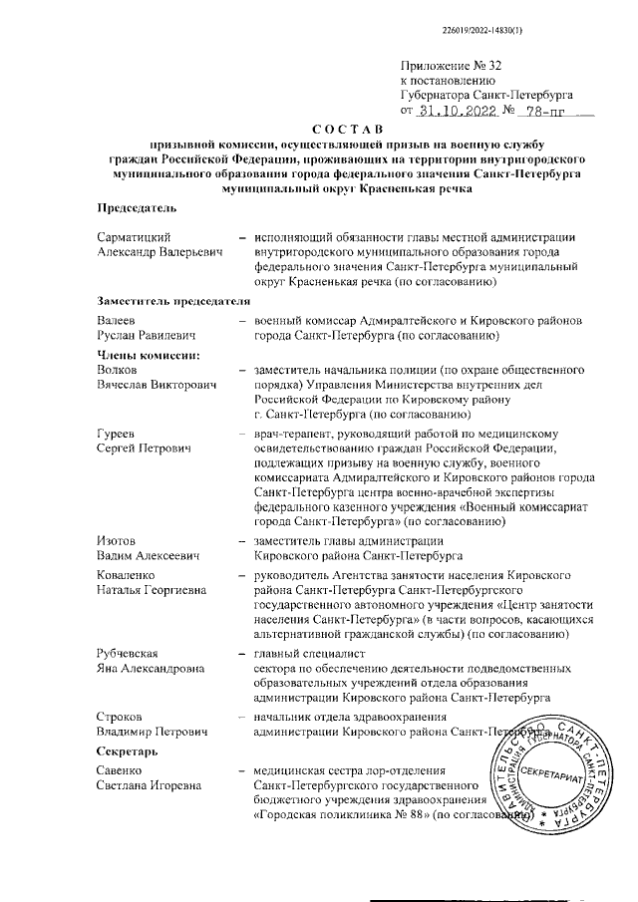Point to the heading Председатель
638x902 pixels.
pos(137,207)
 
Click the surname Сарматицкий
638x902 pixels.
pos(137,237)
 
